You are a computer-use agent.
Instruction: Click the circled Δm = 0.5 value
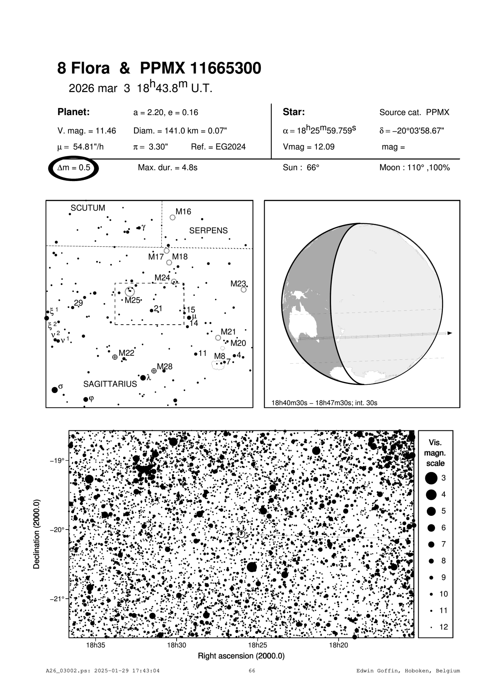coord(74,168)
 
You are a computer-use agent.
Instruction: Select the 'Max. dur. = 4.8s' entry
coord(168,168)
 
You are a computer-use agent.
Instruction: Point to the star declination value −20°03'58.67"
coord(411,131)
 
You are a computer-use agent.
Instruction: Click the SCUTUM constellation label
coord(88,208)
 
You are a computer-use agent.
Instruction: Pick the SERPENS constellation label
coord(208,231)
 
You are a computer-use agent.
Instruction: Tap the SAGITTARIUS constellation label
coord(110,384)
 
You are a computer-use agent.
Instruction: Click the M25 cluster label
coord(132,300)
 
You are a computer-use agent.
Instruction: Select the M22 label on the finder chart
coord(126,353)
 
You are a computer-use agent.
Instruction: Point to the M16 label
coord(183,212)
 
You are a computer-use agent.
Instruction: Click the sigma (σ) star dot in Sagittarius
coord(55,390)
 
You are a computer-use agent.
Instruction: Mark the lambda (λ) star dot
coord(143,378)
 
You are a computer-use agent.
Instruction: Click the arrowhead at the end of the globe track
coord(450,333)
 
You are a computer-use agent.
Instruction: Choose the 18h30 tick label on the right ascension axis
coord(177,645)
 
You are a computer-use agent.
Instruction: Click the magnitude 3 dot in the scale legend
coord(431,478)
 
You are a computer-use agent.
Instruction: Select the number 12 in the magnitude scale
coord(444,627)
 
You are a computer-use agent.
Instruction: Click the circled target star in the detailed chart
coord(241,534)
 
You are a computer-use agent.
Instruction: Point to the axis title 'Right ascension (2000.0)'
coord(241,656)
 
